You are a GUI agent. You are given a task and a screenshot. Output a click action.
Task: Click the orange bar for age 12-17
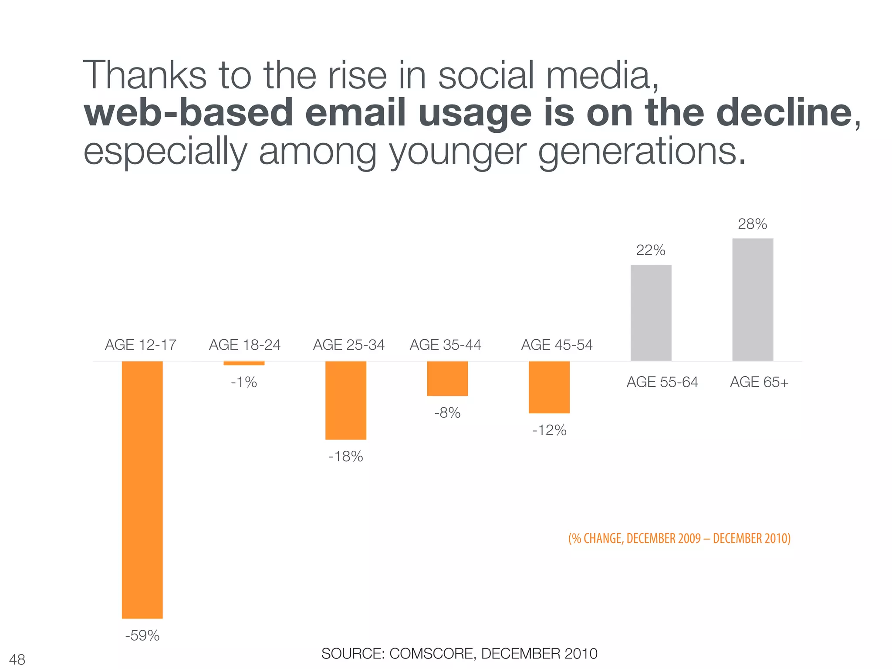pyautogui.click(x=142, y=490)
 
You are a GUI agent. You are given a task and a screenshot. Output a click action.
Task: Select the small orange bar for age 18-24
pyautogui.click(x=244, y=363)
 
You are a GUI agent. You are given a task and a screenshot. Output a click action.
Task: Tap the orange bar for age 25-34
pyautogui.click(x=346, y=400)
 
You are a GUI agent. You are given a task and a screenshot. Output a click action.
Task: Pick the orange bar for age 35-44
pyautogui.click(x=447, y=378)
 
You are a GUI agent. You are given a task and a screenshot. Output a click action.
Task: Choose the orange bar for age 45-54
pyautogui.click(x=549, y=387)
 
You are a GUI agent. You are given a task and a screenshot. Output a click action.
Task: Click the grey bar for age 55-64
pyautogui.click(x=651, y=313)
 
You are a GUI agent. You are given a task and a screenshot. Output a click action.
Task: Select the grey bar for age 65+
pyautogui.click(x=753, y=300)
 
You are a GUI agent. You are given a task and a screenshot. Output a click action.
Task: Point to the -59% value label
pyautogui.click(x=142, y=635)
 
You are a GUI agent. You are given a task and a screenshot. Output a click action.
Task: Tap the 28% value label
pyautogui.click(x=752, y=224)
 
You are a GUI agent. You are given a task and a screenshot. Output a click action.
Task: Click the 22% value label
pyautogui.click(x=651, y=250)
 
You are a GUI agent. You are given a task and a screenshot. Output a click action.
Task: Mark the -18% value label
pyautogui.click(x=346, y=456)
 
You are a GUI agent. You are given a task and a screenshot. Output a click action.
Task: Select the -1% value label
pyautogui.click(x=244, y=382)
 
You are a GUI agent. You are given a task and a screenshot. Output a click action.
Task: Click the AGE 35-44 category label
pyautogui.click(x=445, y=345)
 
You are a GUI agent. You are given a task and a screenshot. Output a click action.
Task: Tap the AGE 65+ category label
pyautogui.click(x=759, y=382)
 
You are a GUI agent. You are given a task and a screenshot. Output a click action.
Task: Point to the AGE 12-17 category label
pyautogui.click(x=141, y=345)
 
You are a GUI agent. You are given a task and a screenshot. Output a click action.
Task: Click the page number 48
pyautogui.click(x=17, y=659)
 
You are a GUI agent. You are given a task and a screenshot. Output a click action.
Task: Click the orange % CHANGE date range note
pyautogui.click(x=679, y=538)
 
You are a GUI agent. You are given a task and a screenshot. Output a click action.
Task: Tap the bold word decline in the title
pyautogui.click(x=784, y=112)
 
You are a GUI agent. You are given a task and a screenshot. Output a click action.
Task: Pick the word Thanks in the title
pyautogui.click(x=145, y=75)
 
